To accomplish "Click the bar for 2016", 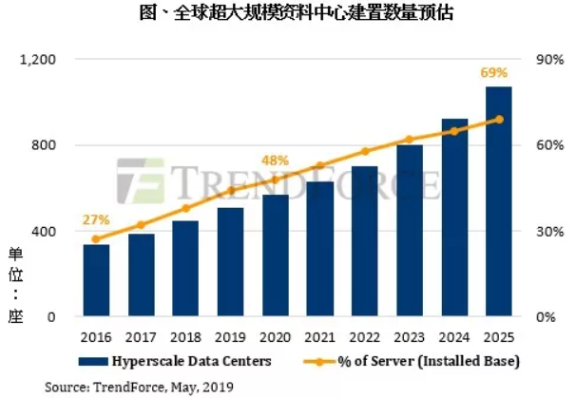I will (x=96, y=281).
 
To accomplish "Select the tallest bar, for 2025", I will (x=499, y=202).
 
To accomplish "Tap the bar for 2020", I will (x=276, y=256).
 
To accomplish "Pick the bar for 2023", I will (x=410, y=231).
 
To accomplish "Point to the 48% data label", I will (x=275, y=161).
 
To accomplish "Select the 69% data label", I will (x=500, y=72).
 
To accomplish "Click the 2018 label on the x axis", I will (x=185, y=336).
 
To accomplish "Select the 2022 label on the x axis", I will (x=365, y=336).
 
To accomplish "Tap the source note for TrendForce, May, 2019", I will (x=138, y=387).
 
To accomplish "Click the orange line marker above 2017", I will (x=141, y=225).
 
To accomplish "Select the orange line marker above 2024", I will (x=454, y=131).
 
